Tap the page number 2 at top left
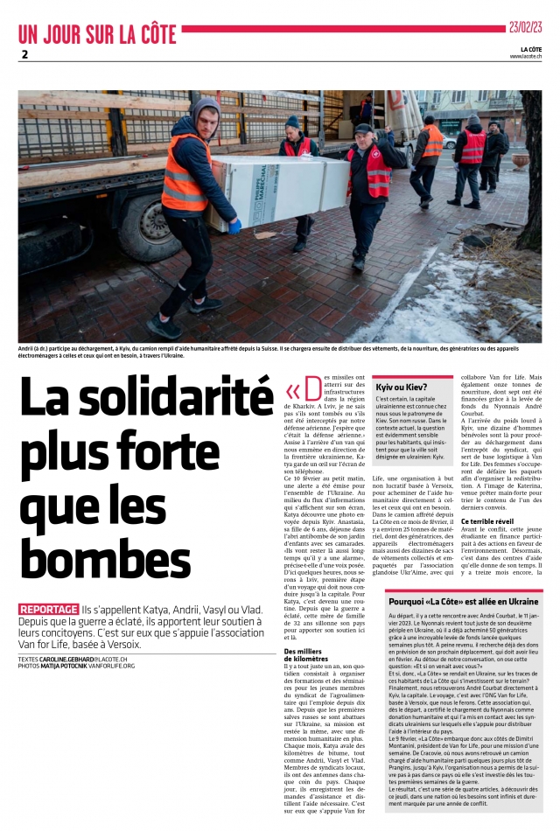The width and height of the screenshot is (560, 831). click(x=24, y=54)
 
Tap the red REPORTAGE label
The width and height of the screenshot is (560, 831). click(x=48, y=584)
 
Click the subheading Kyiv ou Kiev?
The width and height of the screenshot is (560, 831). click(x=402, y=386)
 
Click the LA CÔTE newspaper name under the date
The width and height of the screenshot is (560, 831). click(x=530, y=48)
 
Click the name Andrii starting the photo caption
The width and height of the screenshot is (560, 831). click(x=28, y=348)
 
